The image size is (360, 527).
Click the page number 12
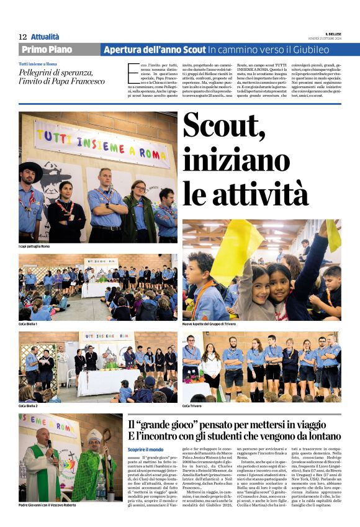[23, 37]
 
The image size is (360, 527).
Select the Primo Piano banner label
[47, 50]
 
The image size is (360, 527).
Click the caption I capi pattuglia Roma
[34, 246]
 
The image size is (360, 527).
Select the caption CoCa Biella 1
[28, 325]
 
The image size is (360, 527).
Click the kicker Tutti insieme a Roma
[38, 64]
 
